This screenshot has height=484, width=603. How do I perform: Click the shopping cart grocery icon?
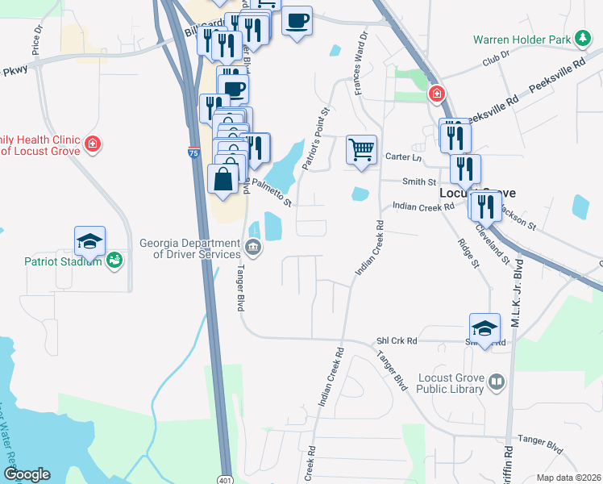point(361,149)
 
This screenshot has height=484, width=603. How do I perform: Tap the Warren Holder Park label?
point(521,39)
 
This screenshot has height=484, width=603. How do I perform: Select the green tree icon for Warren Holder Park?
point(581,38)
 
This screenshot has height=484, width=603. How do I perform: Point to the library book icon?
point(497,382)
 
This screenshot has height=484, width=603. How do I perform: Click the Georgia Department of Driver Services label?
point(189,247)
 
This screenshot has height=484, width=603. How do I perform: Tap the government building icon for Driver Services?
point(253,247)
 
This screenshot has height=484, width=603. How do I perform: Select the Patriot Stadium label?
point(61,261)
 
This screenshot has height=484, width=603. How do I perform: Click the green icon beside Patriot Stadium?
point(114,260)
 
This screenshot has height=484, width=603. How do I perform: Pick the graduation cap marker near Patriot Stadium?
point(90,240)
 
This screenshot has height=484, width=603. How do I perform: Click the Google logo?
point(27,474)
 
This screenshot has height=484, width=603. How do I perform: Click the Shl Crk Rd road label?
point(396,341)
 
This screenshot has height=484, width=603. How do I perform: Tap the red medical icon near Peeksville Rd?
point(436,94)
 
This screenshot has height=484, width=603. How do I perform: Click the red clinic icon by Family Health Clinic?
point(93,144)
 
